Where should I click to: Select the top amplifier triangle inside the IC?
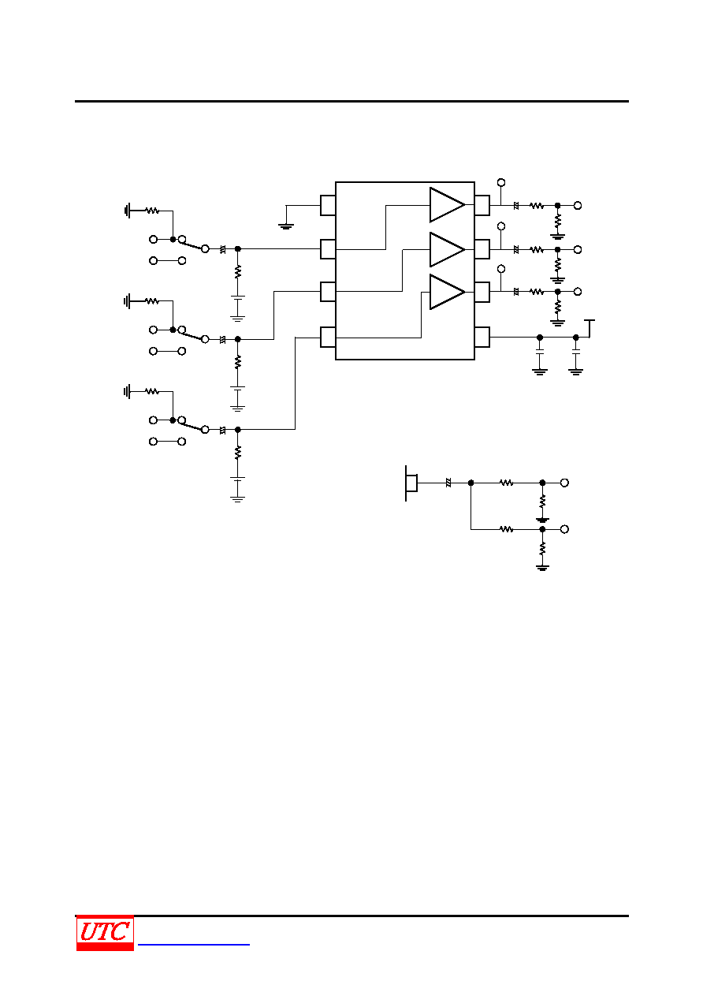(447, 205)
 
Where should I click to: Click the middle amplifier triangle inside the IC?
(447, 249)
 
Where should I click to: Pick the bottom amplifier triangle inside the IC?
(447, 292)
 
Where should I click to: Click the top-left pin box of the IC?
(328, 205)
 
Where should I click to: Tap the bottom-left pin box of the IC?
(328, 337)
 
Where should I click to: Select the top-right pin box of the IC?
(482, 205)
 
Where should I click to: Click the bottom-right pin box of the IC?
(482, 337)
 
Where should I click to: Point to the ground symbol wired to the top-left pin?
(286, 227)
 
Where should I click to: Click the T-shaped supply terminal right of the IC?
(590, 328)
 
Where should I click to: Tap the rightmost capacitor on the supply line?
(576, 353)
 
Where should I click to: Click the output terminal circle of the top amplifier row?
(578, 205)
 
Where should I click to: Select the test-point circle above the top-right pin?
(501, 183)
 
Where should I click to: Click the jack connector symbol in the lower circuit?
(411, 483)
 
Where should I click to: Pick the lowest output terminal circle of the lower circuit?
(564, 529)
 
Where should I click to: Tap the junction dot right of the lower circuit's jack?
(471, 483)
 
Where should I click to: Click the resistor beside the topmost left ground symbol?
(152, 211)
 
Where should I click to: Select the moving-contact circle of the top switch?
(205, 249)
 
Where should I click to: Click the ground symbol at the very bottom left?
(238, 499)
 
